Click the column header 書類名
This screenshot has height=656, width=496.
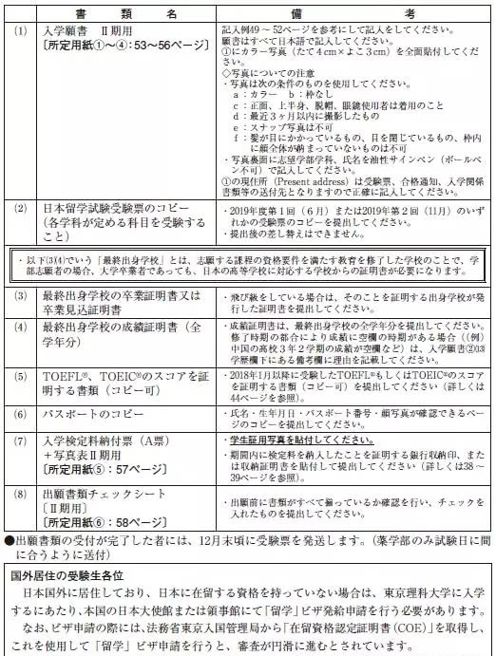[x=123, y=10]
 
